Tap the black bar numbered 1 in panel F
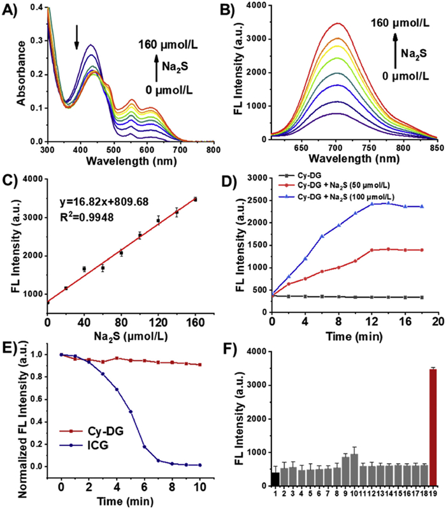275,479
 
